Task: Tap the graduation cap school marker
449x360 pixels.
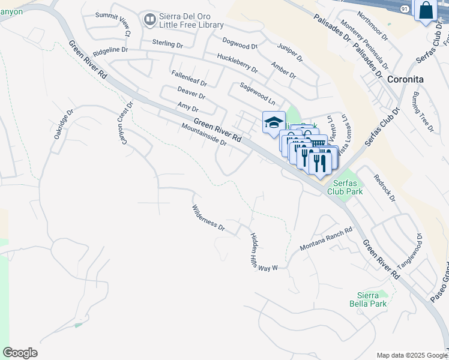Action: click(273, 122)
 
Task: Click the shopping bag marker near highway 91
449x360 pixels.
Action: click(425, 11)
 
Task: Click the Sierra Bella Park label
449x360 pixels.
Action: click(368, 300)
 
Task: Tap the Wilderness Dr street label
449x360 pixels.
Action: click(208, 219)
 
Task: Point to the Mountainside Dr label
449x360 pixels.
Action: click(204, 135)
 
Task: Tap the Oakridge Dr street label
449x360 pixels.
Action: click(63, 124)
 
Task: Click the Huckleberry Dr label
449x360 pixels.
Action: click(237, 62)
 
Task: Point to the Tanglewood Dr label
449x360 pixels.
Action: click(414, 253)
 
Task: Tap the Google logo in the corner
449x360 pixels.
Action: click(20, 353)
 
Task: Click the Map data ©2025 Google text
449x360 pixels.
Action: click(412, 355)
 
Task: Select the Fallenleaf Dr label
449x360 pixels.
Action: click(188, 79)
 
